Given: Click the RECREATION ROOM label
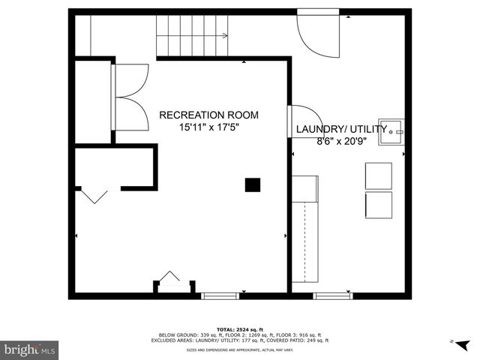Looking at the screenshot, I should coord(208,115).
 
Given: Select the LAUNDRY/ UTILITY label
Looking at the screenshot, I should coord(341,129).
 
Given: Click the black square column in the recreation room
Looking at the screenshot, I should coord(253,184).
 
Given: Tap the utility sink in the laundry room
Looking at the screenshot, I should coord(391,131).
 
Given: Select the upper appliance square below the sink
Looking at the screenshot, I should coord(378,175).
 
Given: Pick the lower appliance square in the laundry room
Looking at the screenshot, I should coord(378,204).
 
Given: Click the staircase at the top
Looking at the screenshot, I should coord(192,35).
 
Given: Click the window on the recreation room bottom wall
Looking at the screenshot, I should coord(220,295).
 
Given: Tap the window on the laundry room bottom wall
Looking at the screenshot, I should coord(332,295).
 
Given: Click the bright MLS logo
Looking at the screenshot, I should coord(30,349).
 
